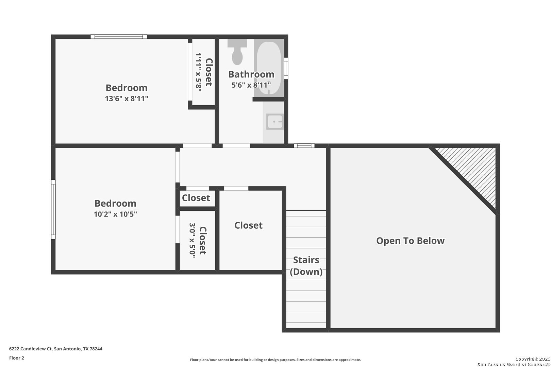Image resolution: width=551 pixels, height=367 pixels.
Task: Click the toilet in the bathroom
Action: (237, 54)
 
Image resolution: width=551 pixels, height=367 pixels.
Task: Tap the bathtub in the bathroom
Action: (269, 65)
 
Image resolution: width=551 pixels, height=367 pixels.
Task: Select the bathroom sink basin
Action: (274, 122)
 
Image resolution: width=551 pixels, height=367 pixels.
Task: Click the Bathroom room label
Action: (251, 74)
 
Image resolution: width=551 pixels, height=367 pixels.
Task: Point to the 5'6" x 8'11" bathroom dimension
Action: (251, 85)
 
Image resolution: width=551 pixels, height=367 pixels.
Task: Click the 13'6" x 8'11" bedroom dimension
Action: (127, 99)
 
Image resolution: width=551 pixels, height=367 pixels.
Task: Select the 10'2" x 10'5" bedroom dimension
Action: (115, 214)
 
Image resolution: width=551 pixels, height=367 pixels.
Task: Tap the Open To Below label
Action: (410, 241)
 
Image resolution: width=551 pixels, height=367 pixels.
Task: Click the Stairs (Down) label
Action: (306, 266)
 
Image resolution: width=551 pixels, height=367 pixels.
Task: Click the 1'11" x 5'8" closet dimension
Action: (199, 71)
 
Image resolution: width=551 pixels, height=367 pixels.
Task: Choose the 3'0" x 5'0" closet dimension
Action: (192, 241)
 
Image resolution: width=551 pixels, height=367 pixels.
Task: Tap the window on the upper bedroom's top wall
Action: (119, 37)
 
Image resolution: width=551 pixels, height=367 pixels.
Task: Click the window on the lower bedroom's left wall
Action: (53, 209)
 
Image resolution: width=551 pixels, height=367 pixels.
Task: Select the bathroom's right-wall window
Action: (286, 68)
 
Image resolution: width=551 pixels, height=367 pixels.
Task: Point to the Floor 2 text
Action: (17, 358)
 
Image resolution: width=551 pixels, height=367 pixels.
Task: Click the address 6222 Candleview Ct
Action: (56, 349)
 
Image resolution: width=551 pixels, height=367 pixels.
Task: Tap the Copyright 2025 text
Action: (533, 359)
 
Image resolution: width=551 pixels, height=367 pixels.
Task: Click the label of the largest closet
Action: (248, 225)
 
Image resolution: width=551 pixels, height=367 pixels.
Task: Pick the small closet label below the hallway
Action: (196, 198)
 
